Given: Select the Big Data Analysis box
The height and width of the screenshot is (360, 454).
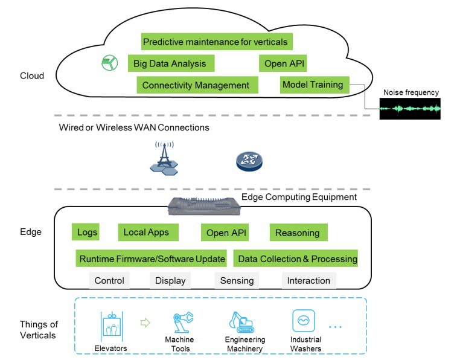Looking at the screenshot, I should [170, 63].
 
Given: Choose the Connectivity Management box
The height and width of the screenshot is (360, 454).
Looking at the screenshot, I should [196, 85].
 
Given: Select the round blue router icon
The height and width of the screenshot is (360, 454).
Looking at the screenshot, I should [248, 160].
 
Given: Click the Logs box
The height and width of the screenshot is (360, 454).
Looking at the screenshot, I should [88, 232].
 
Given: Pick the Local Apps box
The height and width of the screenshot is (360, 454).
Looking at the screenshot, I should [146, 232].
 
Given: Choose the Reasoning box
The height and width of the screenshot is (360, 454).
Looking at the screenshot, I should [298, 233].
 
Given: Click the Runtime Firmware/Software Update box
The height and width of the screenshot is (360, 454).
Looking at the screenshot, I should [152, 259].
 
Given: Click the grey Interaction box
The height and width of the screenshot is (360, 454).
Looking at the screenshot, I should [309, 280].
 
